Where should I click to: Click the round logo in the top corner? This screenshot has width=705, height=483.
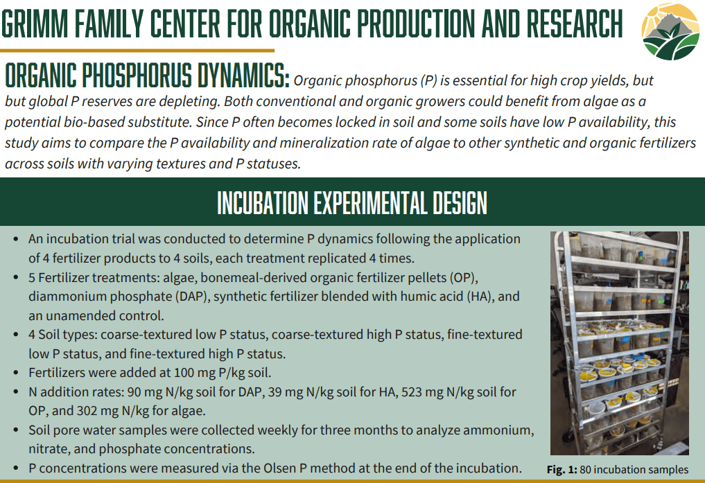[x=670, y=30]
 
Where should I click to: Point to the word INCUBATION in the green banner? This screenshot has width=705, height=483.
[x=263, y=202]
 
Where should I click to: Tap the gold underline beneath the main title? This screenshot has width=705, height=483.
[x=137, y=51]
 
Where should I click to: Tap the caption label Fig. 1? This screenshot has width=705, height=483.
[x=562, y=470]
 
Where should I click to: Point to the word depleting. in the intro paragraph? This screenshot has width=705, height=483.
[x=190, y=102]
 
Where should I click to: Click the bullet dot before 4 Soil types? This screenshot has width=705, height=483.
[x=16, y=335]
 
